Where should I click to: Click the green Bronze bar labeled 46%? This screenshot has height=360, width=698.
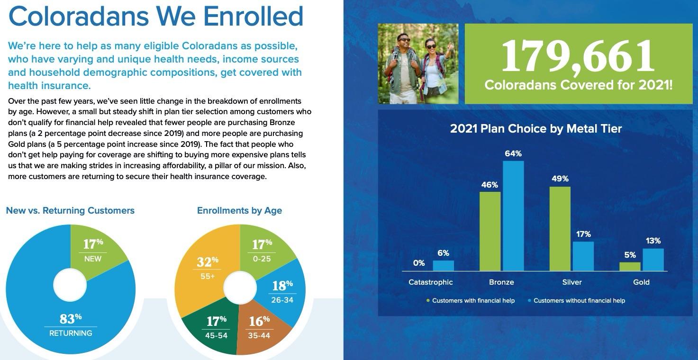click(x=490, y=231)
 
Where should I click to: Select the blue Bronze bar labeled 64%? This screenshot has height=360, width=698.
click(x=513, y=216)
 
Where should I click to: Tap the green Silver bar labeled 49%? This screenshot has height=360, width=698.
click(x=560, y=229)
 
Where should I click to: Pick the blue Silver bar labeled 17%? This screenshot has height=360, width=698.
click(x=583, y=256)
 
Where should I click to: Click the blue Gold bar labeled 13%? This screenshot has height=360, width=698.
click(x=653, y=260)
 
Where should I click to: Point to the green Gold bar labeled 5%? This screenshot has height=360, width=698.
click(x=630, y=266)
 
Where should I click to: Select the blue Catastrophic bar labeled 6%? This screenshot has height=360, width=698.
click(x=443, y=266)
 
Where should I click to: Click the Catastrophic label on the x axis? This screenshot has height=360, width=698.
click(x=430, y=282)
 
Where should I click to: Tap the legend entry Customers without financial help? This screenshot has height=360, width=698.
click(x=579, y=300)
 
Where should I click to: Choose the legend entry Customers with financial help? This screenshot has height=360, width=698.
click(x=473, y=300)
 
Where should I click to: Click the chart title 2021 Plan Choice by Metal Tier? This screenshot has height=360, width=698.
click(x=535, y=128)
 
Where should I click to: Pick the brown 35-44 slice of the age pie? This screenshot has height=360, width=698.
click(x=259, y=327)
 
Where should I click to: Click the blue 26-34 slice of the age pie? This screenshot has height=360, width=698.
click(x=282, y=291)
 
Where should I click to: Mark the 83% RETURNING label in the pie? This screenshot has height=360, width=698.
click(x=71, y=324)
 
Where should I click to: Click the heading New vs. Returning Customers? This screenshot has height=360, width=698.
click(x=70, y=210)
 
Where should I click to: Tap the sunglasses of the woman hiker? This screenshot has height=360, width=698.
click(x=431, y=46)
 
